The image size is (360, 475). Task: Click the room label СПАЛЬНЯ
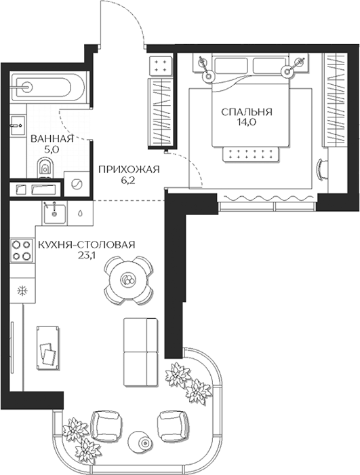(247, 112)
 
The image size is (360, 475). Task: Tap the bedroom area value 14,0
(247, 122)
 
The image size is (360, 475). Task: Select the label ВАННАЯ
(52, 138)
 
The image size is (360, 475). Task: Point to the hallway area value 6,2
(129, 181)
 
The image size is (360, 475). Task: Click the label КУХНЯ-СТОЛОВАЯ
(87, 244)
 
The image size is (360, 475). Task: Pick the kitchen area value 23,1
(86, 255)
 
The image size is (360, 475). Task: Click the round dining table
(128, 280)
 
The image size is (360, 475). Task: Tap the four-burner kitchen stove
(22, 250)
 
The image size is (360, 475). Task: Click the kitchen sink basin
(54, 214)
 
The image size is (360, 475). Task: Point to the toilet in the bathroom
(45, 168)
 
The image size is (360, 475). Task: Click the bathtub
(47, 88)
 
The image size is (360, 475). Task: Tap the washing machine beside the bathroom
(77, 184)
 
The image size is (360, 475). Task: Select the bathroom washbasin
(17, 125)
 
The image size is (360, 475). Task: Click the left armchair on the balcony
(106, 425)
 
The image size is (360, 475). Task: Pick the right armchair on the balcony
(173, 425)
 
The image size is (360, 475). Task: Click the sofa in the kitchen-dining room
(141, 352)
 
